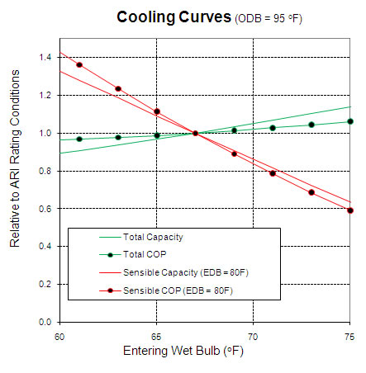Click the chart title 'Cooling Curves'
(x=162, y=17)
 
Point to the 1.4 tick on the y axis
(x=45, y=57)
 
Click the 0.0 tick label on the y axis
(x=45, y=322)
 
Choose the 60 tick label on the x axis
(x=59, y=336)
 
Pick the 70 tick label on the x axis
(x=253, y=336)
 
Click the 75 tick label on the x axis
(x=349, y=336)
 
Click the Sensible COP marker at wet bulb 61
(x=79, y=64)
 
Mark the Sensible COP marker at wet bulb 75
(x=350, y=210)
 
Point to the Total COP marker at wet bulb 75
(x=350, y=121)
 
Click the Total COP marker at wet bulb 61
(x=79, y=139)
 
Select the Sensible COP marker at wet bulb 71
(x=273, y=173)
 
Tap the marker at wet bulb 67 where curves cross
(x=195, y=133)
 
